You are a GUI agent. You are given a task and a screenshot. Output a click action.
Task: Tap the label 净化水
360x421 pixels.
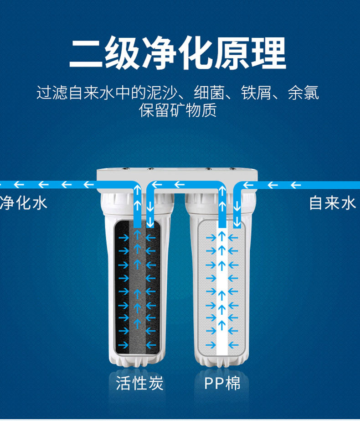[x=24, y=203]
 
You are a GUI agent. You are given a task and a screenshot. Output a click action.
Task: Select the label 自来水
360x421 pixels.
[x=332, y=203]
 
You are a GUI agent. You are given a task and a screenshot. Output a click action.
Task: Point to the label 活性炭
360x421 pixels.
[x=139, y=383]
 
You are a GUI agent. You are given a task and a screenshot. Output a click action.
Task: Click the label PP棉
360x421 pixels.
[x=222, y=383]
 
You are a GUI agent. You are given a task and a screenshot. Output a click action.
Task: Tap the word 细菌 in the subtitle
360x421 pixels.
[x=209, y=93]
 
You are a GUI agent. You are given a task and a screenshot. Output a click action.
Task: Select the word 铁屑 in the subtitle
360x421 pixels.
[x=256, y=93]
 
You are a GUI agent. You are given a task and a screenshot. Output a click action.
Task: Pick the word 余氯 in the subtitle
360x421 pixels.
[x=303, y=93]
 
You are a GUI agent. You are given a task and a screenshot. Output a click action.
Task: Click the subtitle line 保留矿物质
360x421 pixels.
[x=178, y=110]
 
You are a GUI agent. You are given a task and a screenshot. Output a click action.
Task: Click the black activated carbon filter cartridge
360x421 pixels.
[x=137, y=287]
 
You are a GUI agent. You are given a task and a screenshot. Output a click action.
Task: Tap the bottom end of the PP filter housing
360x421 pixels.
[x=221, y=361]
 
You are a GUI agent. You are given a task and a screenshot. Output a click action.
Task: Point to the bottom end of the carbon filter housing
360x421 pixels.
[x=137, y=361]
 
